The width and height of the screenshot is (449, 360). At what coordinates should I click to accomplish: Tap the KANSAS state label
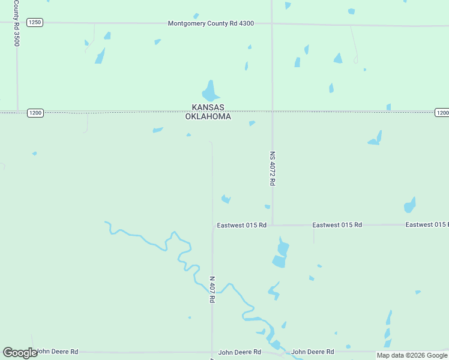pos(208,107)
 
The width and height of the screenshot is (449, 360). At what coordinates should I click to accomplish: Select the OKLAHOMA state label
pos(208,116)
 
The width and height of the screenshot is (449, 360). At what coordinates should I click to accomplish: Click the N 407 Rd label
pos(212,289)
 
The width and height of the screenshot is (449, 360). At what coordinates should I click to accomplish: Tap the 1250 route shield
pos(35,22)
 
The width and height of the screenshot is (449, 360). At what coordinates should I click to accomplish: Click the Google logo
pos(20,353)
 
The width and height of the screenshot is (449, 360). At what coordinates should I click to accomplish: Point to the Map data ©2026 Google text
pos(412,355)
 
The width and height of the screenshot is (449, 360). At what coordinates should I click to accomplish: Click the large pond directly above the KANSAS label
pos(210,92)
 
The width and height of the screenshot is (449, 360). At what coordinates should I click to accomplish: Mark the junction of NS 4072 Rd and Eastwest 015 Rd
pos(273,225)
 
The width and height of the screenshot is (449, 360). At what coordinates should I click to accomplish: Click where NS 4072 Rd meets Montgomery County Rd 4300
pos(272,23)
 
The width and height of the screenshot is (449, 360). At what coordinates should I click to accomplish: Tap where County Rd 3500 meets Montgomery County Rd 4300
pos(17,22)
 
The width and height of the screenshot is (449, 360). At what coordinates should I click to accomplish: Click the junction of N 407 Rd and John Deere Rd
pos(212,352)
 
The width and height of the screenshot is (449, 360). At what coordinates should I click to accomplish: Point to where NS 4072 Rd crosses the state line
pos(273,111)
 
